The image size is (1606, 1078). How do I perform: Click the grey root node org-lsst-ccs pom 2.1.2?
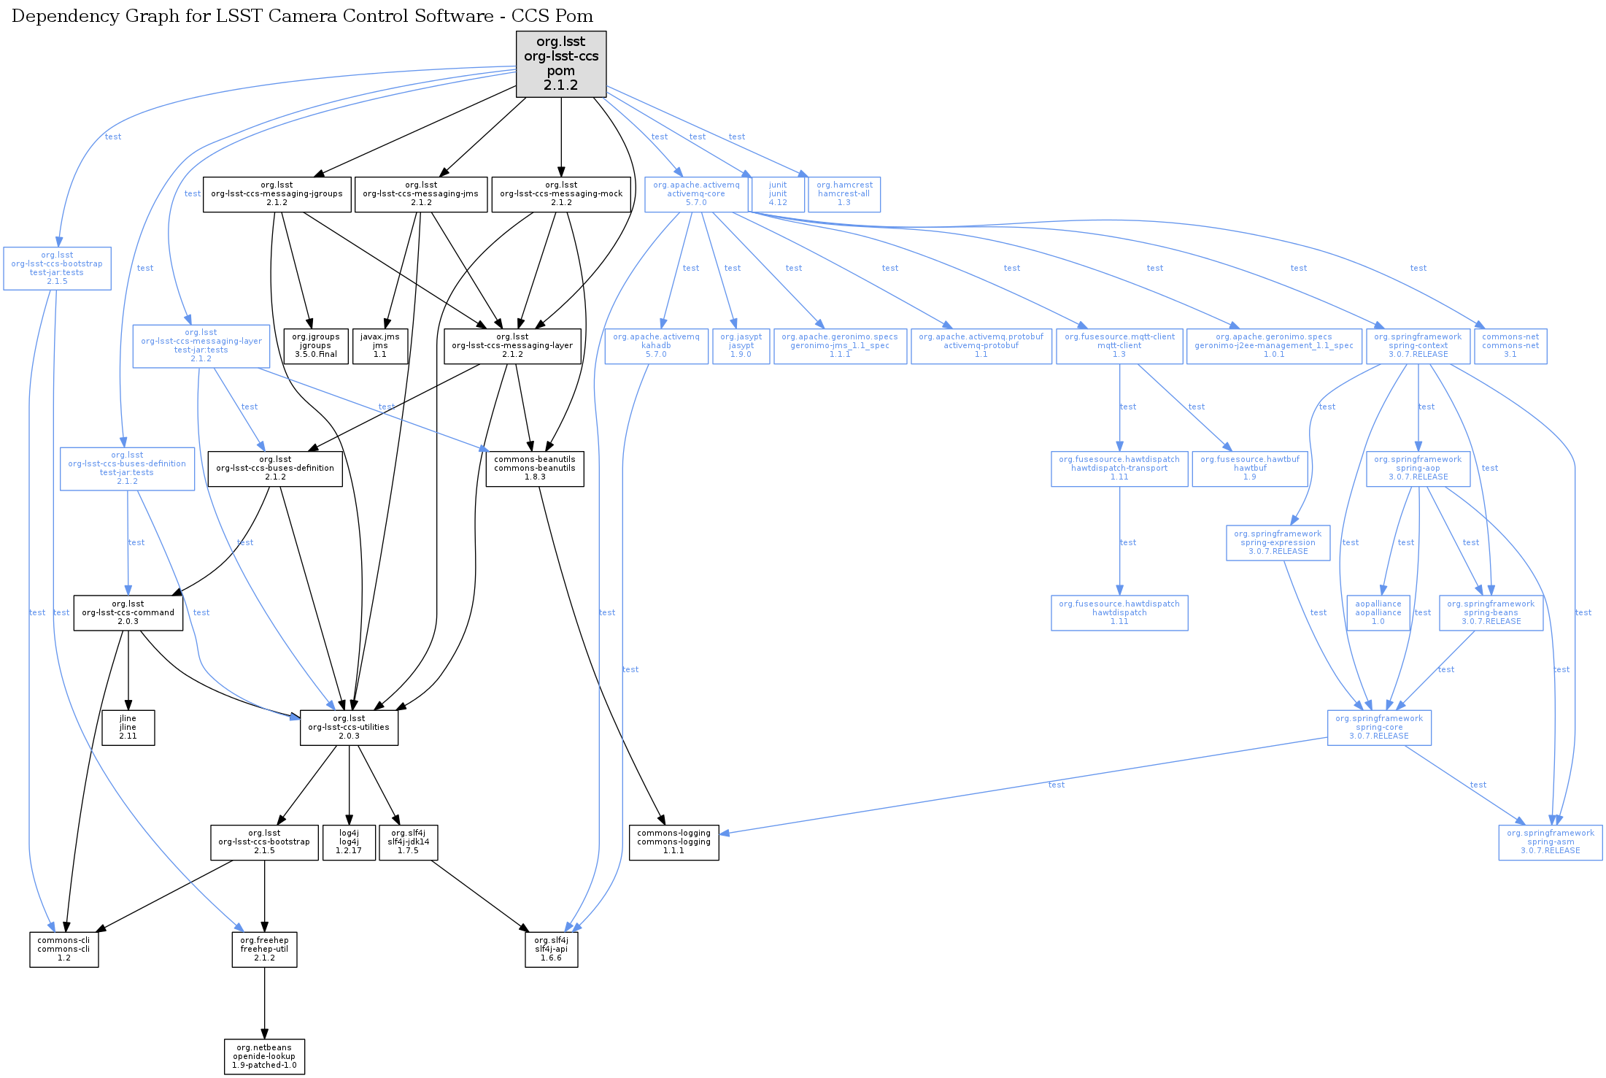(560, 63)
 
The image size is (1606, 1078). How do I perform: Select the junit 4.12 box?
(778, 194)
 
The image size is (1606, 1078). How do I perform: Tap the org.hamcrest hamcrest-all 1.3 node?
(843, 194)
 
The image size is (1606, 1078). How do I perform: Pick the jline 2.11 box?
(128, 728)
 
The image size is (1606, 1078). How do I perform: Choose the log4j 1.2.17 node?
(349, 842)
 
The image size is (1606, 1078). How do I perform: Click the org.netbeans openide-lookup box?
(264, 1057)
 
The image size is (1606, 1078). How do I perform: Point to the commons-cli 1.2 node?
(63, 950)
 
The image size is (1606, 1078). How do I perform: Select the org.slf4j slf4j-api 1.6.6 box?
(551, 950)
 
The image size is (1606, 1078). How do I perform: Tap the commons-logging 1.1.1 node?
(673, 842)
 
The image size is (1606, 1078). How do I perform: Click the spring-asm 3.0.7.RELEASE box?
(1550, 842)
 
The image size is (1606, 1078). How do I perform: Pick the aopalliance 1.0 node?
(1378, 613)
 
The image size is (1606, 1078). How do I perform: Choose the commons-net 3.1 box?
(1510, 346)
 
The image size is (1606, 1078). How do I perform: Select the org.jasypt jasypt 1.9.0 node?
(741, 346)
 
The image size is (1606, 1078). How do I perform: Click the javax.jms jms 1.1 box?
(379, 346)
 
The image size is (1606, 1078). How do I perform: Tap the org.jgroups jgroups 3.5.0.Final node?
(315, 346)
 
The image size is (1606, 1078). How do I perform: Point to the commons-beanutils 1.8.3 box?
(534, 469)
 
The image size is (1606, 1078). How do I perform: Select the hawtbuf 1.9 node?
(1249, 469)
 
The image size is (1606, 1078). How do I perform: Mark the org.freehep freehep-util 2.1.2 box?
(264, 950)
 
